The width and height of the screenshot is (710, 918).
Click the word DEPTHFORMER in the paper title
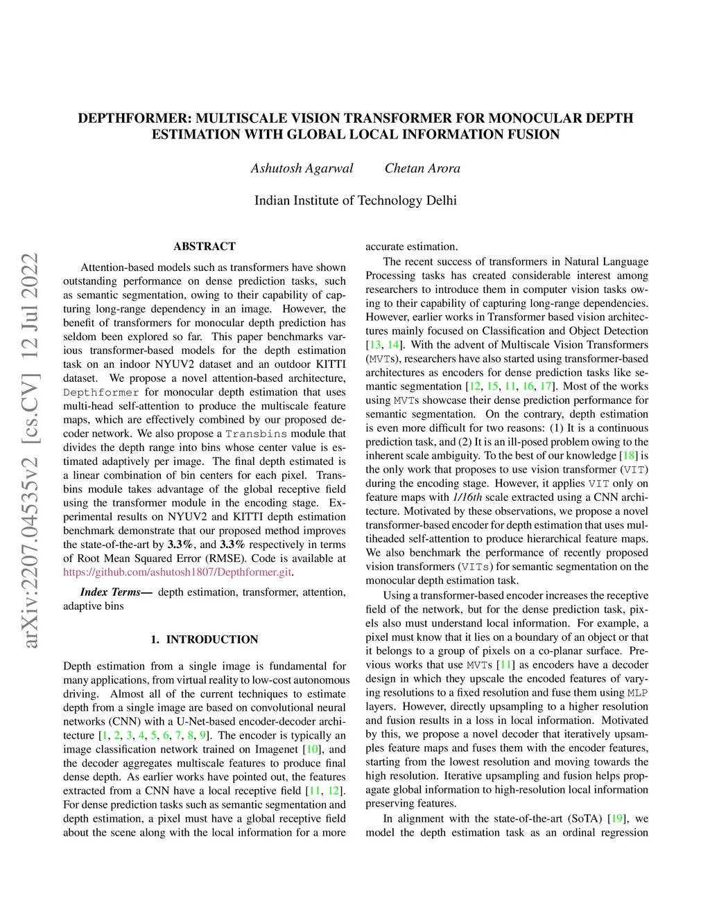pos(132,118)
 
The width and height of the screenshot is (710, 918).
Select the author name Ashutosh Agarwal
pos(302,168)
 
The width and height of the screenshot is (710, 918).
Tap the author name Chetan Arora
pos(422,168)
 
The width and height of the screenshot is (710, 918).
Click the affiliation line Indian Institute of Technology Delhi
pos(355,201)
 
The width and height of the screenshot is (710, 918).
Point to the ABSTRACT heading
pos(205,247)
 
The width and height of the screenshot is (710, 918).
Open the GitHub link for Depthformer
pos(177,572)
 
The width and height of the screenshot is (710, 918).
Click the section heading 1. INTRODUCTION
pos(205,639)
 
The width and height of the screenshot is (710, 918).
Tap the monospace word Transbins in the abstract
pos(256,434)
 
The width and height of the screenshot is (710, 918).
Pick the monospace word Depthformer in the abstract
pos(101,392)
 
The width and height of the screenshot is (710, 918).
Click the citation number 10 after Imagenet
pos(313,750)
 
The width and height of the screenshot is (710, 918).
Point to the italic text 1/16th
pos(467,497)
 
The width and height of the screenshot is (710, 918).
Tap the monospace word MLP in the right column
pos(638,693)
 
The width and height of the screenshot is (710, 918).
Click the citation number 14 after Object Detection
pos(393,345)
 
